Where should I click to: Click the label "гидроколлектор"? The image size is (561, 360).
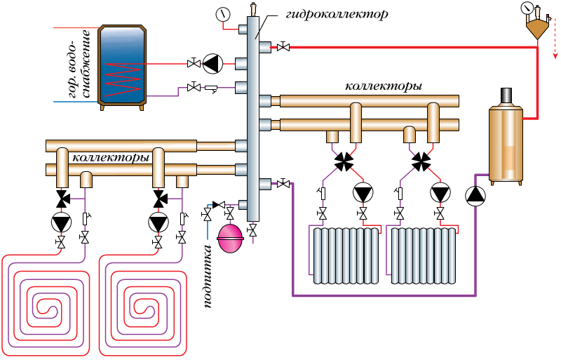tap(337, 13)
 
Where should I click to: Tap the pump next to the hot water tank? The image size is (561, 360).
tap(211, 64)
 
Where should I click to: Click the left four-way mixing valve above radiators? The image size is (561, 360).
tap(344, 161)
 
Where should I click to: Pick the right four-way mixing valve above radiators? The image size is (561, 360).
tap(421, 161)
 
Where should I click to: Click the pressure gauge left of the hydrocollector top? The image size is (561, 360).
tap(224, 13)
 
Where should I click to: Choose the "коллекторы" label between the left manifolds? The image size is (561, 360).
tap(112, 158)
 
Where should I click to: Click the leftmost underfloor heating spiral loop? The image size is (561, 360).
tap(46, 306)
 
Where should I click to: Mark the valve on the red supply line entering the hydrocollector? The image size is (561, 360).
tap(283, 47)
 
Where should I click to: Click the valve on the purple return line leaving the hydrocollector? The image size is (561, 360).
tap(283, 184)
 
